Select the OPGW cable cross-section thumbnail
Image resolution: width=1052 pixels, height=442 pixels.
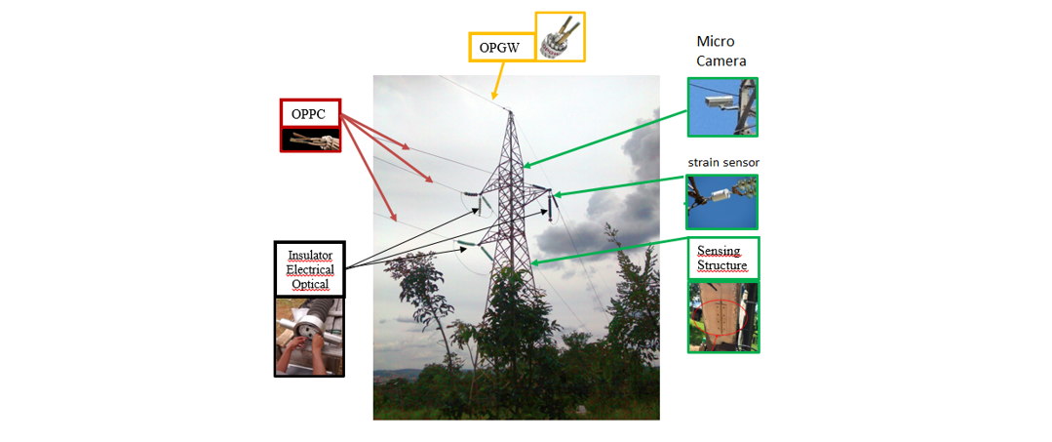pyautogui.click(x=560, y=37)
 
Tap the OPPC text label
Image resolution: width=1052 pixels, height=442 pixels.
pyautogui.click(x=309, y=113)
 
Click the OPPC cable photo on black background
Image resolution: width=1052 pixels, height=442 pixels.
pyautogui.click(x=309, y=140)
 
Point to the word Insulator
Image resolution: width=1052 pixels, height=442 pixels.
pyautogui.click(x=310, y=255)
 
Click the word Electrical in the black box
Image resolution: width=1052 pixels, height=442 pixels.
pyautogui.click(x=310, y=269)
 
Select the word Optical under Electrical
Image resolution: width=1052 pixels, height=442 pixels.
pyautogui.click(x=310, y=284)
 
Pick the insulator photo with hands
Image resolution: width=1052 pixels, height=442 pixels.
pyautogui.click(x=309, y=337)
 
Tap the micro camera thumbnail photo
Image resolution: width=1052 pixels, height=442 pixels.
pyautogui.click(x=721, y=106)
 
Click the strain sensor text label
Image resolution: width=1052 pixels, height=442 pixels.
pyautogui.click(x=722, y=162)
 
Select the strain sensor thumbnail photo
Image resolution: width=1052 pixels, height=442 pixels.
pyautogui.click(x=721, y=201)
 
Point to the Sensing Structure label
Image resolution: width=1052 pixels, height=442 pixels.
pyautogui.click(x=722, y=259)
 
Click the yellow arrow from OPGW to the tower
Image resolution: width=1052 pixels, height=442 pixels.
pyautogui.click(x=500, y=80)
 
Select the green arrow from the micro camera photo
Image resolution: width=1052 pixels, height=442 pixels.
pyautogui.click(x=604, y=138)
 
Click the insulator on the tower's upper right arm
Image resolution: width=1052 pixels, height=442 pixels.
pyautogui.click(x=551, y=205)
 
